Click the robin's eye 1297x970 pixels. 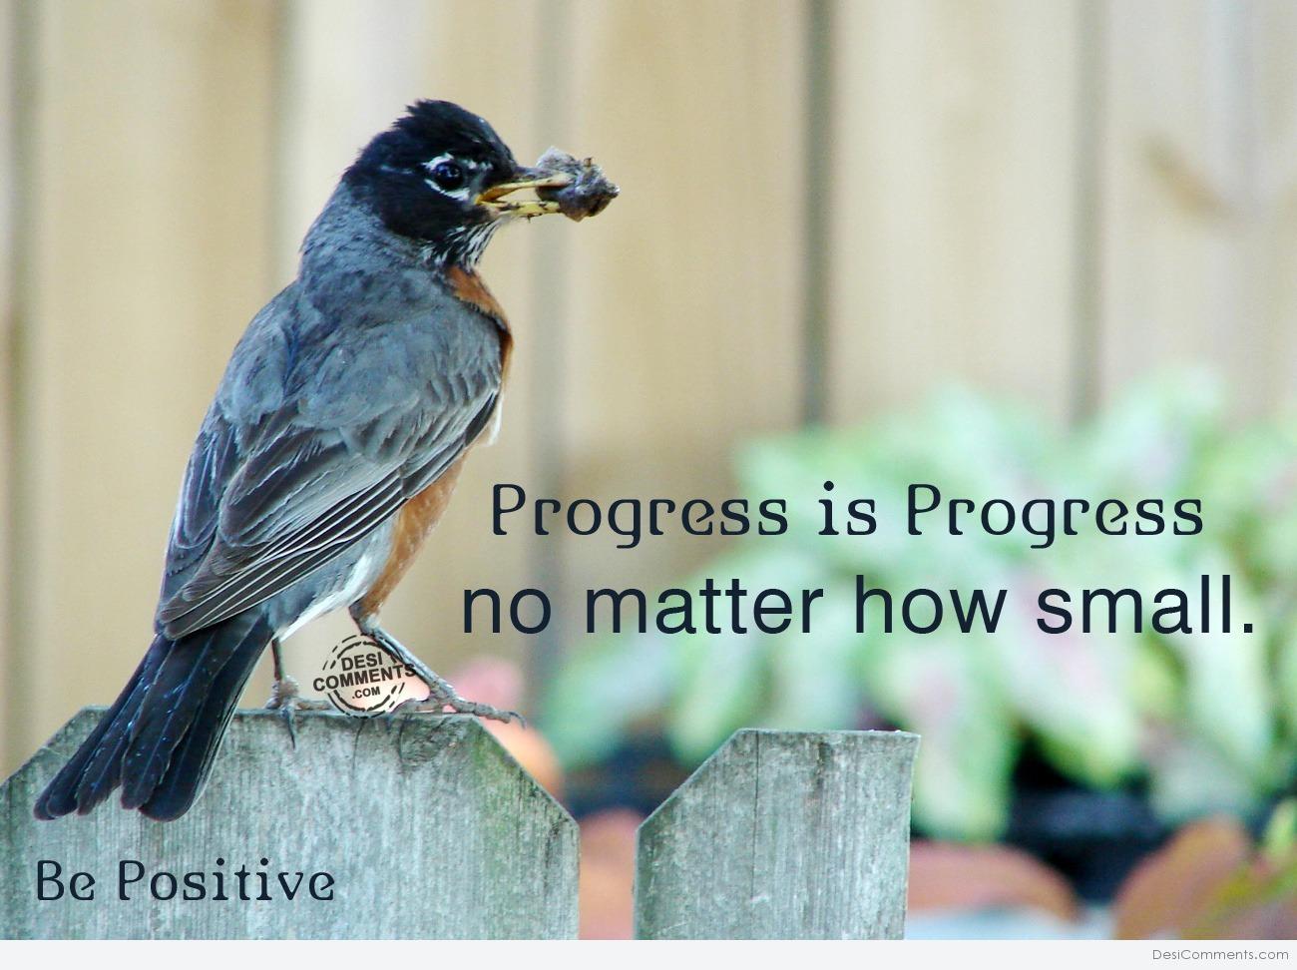(448, 175)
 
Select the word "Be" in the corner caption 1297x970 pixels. (65, 881)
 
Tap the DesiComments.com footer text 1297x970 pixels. (1220, 954)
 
